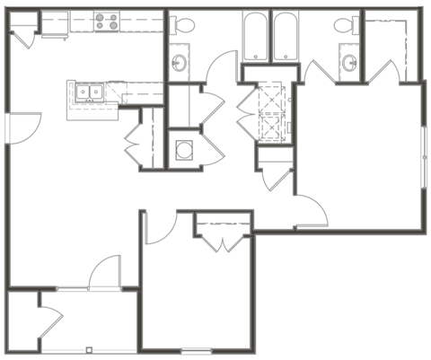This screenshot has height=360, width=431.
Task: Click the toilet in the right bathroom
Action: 345,26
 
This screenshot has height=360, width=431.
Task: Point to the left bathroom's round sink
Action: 180,62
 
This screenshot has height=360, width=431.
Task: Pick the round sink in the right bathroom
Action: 348,62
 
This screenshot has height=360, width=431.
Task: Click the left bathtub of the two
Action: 256,36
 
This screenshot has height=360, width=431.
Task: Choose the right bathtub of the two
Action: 287,36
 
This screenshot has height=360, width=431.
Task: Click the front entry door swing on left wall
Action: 25,126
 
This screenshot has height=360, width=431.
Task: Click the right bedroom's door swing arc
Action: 310,211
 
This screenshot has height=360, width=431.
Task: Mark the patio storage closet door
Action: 50,320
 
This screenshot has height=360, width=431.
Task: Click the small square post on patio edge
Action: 89,348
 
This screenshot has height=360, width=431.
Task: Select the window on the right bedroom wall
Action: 425,148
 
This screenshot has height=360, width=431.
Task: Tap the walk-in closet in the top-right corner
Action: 392,45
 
